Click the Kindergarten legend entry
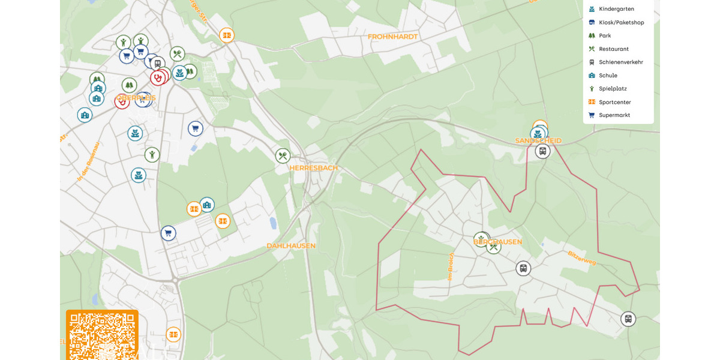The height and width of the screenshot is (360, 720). click(x=616, y=9)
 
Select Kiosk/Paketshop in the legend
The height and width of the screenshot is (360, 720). click(x=621, y=22)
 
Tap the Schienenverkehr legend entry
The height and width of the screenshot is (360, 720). click(x=620, y=62)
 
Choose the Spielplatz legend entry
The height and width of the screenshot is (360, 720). click(x=612, y=88)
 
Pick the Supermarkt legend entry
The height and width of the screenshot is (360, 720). click(x=614, y=115)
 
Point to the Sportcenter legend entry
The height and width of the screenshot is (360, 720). click(x=614, y=102)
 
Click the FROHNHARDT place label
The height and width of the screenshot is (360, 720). click(x=392, y=37)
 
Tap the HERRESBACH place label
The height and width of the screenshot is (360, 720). click(x=313, y=168)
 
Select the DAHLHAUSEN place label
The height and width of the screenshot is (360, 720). click(x=291, y=246)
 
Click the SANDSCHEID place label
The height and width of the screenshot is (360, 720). click(x=538, y=141)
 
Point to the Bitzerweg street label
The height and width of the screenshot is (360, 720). click(x=581, y=258)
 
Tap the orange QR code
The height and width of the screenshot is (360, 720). click(x=102, y=334)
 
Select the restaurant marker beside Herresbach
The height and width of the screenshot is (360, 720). click(x=283, y=156)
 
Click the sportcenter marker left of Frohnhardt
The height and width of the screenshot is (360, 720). click(x=226, y=35)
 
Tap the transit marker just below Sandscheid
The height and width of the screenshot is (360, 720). click(x=542, y=151)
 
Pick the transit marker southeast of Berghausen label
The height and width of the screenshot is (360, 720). click(x=523, y=268)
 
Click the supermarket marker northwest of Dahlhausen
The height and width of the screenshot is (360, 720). click(x=168, y=233)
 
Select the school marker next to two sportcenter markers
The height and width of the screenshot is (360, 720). click(x=207, y=205)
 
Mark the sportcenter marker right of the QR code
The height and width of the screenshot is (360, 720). click(x=173, y=334)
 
